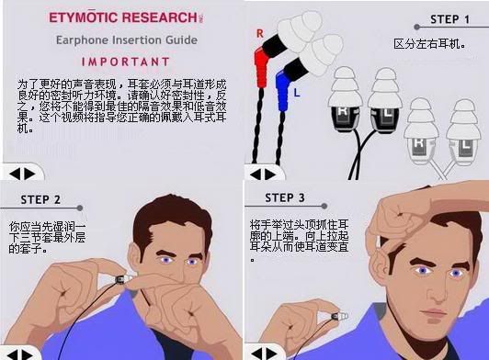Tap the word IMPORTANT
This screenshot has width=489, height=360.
pos(126,62)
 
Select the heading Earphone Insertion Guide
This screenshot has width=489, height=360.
pos(127,40)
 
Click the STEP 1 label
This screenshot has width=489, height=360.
pos(449,19)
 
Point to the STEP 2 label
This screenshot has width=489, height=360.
pos(40,200)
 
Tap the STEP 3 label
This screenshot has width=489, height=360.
pos(285,198)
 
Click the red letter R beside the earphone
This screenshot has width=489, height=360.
pos(260,33)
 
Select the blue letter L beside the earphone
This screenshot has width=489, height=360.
pos(297,93)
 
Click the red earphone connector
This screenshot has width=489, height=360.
pos(261,68)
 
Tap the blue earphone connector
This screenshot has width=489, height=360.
pos(283,90)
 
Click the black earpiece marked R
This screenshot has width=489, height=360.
pos(345,118)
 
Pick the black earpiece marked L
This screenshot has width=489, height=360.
pos(384,118)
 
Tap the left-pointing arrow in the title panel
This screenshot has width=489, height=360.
pos(15,174)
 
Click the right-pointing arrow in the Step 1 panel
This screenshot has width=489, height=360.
pos(270,174)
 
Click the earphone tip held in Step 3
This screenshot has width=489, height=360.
pos(340,316)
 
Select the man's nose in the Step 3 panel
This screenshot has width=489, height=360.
pos(436,290)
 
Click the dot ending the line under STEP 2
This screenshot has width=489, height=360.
pos(80,208)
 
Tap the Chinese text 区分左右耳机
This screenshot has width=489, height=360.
pos(429,44)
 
